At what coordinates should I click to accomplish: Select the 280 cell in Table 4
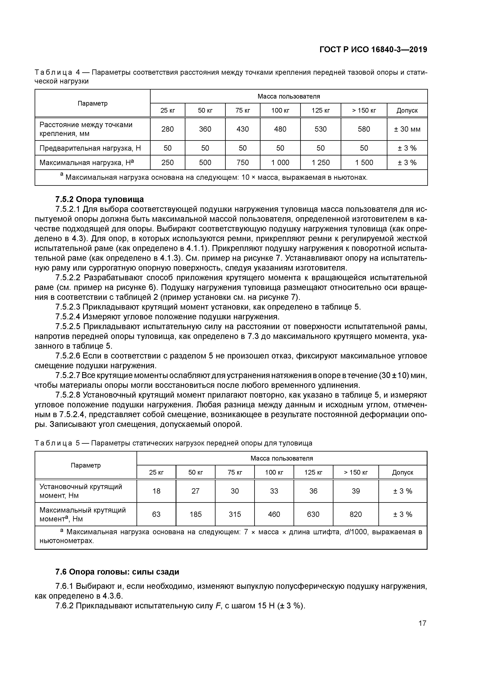point(167,129)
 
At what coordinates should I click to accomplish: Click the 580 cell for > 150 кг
point(364,129)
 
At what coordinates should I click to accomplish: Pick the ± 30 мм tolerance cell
point(407,129)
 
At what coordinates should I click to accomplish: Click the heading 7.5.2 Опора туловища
point(100,199)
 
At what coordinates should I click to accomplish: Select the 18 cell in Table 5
point(156,491)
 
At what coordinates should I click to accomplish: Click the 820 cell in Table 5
point(356,514)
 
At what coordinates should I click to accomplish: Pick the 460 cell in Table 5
point(274,514)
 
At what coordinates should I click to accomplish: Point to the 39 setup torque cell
point(356,491)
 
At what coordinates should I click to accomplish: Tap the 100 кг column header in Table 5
point(274,472)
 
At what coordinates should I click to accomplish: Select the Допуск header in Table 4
point(407,110)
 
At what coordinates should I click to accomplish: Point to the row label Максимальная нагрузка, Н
point(87,163)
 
